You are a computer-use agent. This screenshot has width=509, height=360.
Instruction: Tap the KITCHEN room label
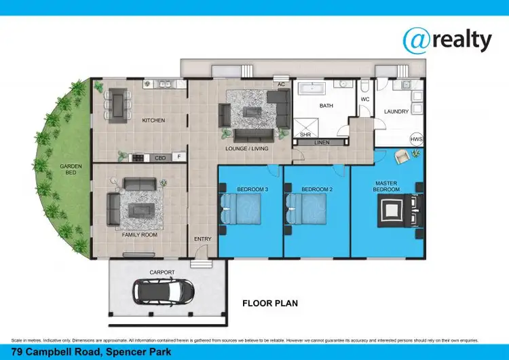[x=153, y=120]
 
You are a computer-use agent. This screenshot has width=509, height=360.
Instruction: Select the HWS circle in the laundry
[x=416, y=139]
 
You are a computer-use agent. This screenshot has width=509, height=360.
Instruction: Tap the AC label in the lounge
[x=280, y=85]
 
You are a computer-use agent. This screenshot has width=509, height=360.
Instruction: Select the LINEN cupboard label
[x=322, y=143]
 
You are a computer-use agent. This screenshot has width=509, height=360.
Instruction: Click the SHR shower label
[x=305, y=135]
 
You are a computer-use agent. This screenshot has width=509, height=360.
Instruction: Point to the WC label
[x=364, y=100]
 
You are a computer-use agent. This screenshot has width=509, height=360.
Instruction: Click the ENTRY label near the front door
[x=202, y=238]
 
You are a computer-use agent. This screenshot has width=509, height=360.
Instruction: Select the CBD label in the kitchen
[x=160, y=158]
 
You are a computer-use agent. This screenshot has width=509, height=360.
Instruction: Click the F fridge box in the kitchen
[x=179, y=157]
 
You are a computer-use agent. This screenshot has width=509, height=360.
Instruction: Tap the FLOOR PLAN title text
[x=270, y=304]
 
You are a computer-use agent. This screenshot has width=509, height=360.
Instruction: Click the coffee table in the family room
[x=140, y=211]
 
